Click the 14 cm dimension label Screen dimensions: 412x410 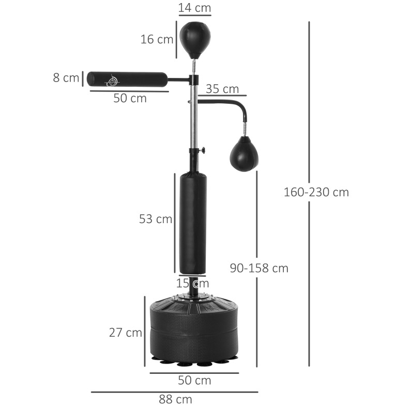pyautogui.click(x=195, y=8)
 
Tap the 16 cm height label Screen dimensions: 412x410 pyautogui.click(x=157, y=39)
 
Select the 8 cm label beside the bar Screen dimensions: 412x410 pyautogui.click(x=66, y=77)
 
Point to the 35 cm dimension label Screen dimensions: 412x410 pyautogui.click(x=222, y=89)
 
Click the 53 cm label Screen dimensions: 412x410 pyautogui.click(x=156, y=218)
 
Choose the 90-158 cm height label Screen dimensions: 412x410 pyautogui.click(x=259, y=268)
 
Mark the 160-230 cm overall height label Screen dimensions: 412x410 pyautogui.click(x=316, y=192)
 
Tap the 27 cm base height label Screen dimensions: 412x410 pyautogui.click(x=126, y=333)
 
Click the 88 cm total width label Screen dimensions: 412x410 pyautogui.click(x=176, y=399)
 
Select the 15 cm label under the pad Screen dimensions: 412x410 pyautogui.click(x=192, y=283)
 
